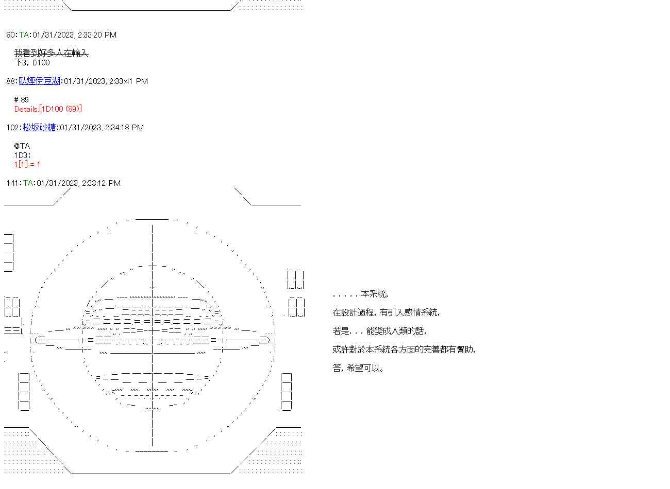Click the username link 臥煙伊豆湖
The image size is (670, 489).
[40, 81]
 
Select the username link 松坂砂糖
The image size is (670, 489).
[39, 128]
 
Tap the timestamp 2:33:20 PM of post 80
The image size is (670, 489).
[97, 35]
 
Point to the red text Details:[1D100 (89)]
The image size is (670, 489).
[48, 109]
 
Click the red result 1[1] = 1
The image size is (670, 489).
[27, 165]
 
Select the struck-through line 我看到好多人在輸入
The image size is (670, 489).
[51, 53]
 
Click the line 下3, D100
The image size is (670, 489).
[32, 63]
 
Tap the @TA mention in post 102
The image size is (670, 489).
[22, 146]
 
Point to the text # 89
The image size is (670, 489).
[22, 100]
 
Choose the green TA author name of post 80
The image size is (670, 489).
[24, 35]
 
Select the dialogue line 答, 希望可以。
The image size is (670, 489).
[358, 369]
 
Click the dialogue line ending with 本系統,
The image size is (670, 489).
[360, 294]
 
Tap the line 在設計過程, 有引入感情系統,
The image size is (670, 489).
[386, 313]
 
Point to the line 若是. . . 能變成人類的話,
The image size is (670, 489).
[379, 331]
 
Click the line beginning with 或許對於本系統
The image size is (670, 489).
[404, 350]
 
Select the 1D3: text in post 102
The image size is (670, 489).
[23, 155]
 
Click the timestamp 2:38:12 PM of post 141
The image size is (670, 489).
[101, 183]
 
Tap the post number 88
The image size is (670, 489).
[11, 81]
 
